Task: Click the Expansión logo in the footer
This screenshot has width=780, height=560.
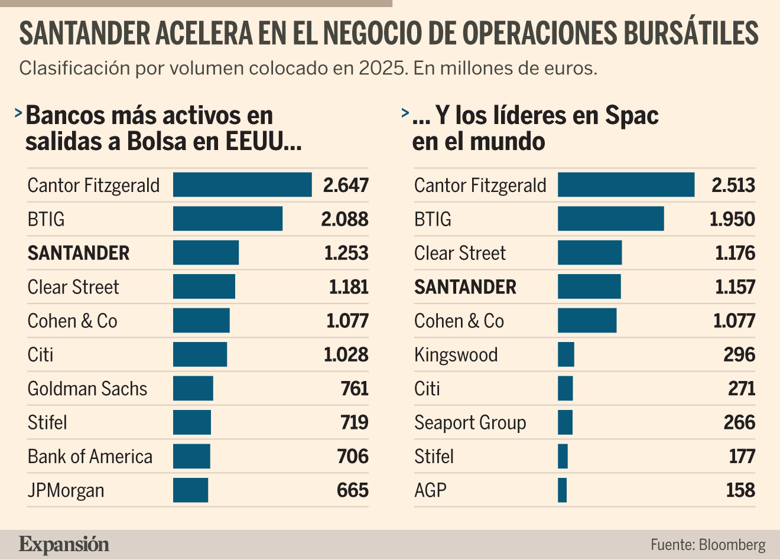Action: click(64, 544)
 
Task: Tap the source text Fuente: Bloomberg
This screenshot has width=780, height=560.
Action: click(708, 545)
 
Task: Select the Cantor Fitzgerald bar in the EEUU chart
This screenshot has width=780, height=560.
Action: click(242, 184)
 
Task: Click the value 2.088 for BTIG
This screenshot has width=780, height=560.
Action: click(344, 219)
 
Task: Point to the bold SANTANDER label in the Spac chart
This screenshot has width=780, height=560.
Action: click(465, 286)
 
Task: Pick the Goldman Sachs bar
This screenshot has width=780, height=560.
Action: click(193, 388)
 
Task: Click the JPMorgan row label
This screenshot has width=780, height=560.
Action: click(66, 491)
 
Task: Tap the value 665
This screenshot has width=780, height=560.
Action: click(352, 490)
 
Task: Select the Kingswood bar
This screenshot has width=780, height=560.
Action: click(566, 354)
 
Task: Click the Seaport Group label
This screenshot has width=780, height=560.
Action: click(470, 423)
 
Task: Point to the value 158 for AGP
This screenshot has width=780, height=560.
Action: click(740, 490)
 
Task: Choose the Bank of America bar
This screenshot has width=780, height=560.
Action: click(191, 456)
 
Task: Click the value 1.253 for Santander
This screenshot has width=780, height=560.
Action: click(346, 253)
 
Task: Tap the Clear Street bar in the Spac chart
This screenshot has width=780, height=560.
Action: click(590, 252)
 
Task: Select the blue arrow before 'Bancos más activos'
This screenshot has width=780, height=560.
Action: click(18, 113)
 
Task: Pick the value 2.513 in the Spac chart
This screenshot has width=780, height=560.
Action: click(733, 185)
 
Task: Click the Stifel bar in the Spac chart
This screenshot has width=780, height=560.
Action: click(563, 456)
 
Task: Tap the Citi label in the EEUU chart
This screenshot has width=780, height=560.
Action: click(40, 354)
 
